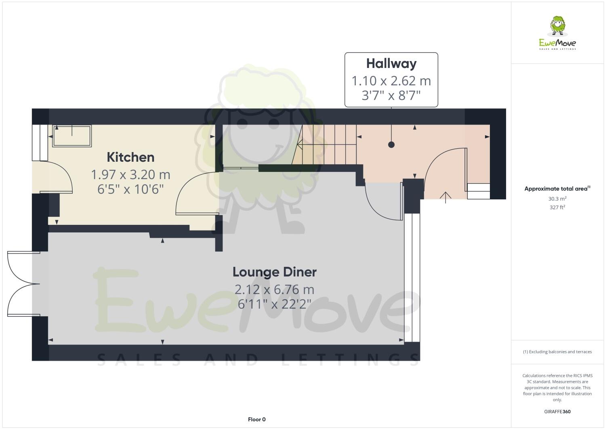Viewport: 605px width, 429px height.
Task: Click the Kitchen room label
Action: pos(130,157)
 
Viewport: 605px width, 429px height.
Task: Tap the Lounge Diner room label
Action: pos(274,272)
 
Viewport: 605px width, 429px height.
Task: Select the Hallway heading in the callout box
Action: pos(391,63)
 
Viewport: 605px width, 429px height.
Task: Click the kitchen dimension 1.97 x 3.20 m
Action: pos(130,175)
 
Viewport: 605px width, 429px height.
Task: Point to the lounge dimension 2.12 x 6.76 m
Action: pos(274,290)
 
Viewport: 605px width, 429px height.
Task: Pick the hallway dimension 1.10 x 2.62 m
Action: pos(391,81)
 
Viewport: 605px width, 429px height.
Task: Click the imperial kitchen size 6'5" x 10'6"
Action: pos(130,189)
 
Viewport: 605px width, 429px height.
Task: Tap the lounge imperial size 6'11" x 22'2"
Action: pos(274,304)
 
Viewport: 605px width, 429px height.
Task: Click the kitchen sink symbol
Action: pos(72,135)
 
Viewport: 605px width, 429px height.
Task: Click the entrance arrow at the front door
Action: pos(445,197)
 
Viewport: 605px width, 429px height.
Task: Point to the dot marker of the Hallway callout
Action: pos(391,145)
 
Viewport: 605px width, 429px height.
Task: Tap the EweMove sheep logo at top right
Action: pos(558,25)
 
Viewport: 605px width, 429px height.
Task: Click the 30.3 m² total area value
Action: pos(557,199)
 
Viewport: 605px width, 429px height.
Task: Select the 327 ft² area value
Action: pos(557,207)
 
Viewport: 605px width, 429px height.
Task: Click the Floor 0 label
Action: pos(256,419)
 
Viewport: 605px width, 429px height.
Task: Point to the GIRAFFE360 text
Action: pos(557,412)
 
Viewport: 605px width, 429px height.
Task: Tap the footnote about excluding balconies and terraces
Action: pos(557,352)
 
